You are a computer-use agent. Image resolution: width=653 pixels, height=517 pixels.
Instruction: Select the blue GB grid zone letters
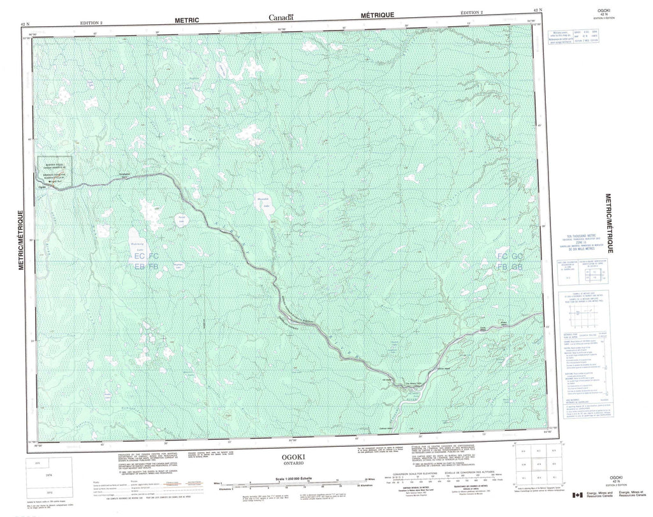coord(517,266)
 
